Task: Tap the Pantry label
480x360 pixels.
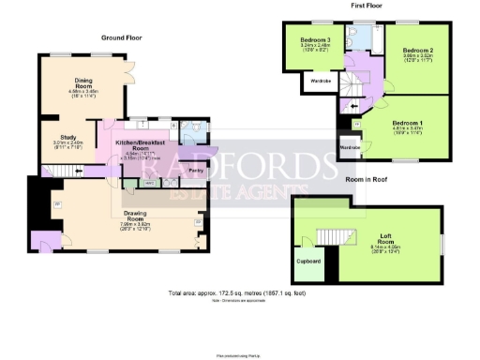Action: (197, 171)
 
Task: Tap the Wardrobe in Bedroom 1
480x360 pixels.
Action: (350, 149)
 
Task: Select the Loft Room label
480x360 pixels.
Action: (385, 240)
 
